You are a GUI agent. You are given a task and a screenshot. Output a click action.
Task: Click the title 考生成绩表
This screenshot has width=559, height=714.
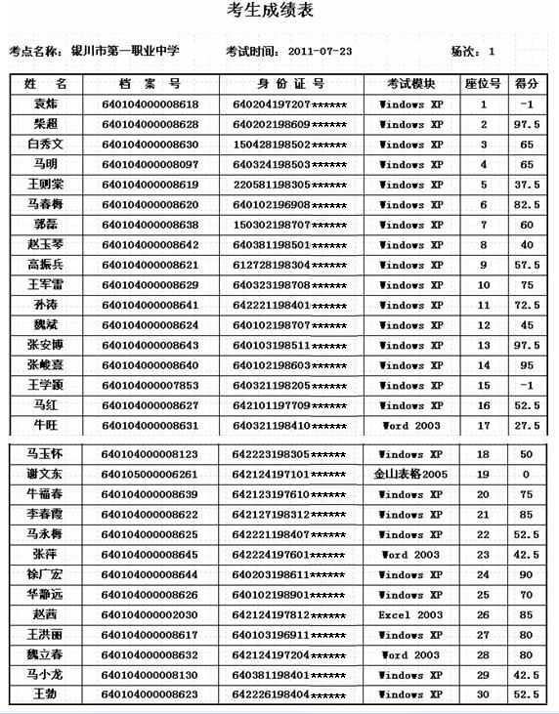tap(279, 13)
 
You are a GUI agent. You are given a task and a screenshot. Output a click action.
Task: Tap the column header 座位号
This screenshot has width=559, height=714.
tap(483, 84)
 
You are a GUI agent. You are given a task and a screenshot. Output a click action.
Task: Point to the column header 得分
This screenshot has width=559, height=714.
tap(527, 84)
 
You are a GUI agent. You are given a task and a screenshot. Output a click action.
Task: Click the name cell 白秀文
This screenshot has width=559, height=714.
tap(45, 145)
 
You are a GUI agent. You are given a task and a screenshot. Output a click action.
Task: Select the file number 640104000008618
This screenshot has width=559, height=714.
tap(150, 104)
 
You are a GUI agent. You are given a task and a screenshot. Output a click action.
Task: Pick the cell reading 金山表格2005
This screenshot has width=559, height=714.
tap(410, 475)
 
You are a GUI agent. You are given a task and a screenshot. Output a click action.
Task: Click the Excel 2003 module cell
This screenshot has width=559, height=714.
tap(410, 615)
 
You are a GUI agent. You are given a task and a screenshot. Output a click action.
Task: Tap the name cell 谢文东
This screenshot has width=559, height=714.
tap(45, 475)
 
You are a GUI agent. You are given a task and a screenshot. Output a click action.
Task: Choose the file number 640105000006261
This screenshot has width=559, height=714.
tap(150, 475)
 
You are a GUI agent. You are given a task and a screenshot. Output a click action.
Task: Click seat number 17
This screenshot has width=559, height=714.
tap(483, 426)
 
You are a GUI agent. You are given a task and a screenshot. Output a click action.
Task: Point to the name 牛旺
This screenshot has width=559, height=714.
tap(45, 426)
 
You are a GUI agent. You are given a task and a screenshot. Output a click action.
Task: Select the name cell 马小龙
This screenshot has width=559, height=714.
tap(45, 675)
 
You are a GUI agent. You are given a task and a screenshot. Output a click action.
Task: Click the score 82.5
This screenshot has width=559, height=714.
tap(527, 205)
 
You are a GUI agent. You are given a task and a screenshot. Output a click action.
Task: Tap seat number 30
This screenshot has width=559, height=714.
tap(483, 695)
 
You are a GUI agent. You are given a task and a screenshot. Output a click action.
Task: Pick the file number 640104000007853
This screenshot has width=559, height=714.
tap(150, 386)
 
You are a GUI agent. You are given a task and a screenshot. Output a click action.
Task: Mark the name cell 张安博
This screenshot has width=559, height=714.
tap(45, 346)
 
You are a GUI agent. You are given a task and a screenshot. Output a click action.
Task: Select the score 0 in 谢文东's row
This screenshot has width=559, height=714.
tap(527, 475)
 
